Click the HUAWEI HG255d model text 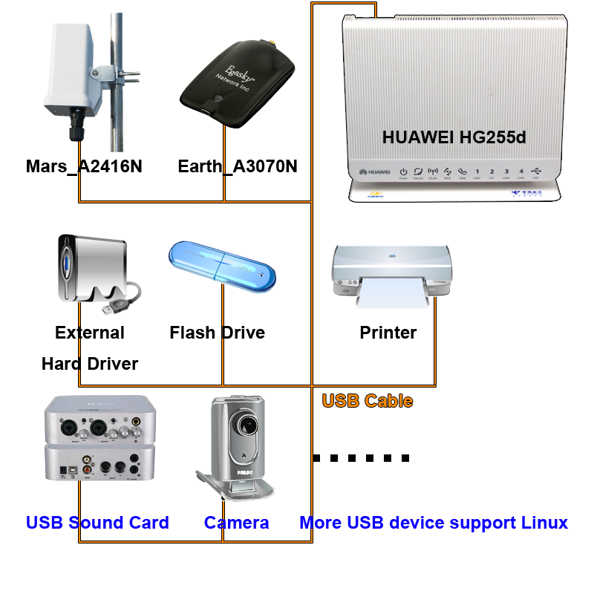(454, 137)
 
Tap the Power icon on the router (403, 171)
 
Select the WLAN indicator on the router (433, 171)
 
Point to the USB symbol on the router (536, 171)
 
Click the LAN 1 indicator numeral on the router (477, 172)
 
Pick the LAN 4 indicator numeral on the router (520, 172)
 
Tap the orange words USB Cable (366, 402)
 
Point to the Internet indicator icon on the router (418, 171)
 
